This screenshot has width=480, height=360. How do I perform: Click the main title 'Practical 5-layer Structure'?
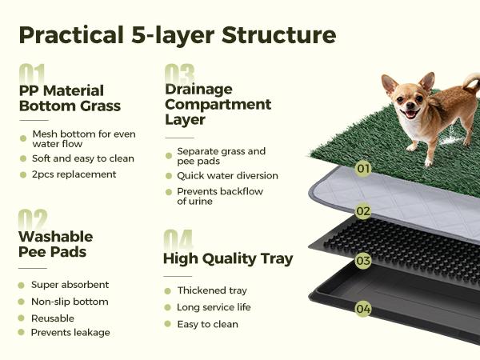[177, 35]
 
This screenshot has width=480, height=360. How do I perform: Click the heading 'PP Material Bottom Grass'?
[70, 98]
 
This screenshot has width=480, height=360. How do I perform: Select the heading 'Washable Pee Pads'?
[56, 244]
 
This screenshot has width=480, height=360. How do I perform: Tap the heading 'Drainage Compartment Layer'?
[218, 105]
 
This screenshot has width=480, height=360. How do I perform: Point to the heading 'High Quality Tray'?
[228, 258]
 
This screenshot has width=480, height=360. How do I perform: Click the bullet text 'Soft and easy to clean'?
[83, 158]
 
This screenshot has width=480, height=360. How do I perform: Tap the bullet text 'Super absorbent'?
[70, 285]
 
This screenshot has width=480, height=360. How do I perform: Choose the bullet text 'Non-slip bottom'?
[69, 302]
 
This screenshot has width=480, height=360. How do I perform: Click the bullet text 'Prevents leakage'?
[70, 332]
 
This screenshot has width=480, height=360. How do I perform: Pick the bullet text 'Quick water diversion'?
[227, 176]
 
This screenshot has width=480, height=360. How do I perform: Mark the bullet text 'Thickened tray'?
[211, 290]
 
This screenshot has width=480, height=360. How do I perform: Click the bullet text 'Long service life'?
[214, 307]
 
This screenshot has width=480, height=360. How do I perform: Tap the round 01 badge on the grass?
[364, 169]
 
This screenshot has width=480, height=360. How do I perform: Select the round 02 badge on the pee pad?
[363, 212]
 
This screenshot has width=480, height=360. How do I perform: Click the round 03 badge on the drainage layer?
[363, 261]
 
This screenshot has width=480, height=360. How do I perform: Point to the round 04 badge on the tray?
[363, 308]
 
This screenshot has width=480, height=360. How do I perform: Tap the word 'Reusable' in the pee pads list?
[53, 318]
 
